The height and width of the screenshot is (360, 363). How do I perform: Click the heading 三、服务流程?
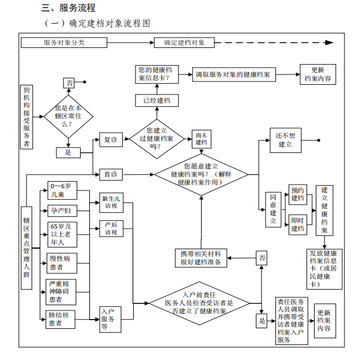[x=68, y=8]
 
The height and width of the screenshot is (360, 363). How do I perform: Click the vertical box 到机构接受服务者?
[x=27, y=117]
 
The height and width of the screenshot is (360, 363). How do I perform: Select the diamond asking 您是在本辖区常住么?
[x=69, y=116]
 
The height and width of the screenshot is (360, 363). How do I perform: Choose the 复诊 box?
[x=109, y=140]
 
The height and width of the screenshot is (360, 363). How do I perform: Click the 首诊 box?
[x=109, y=174]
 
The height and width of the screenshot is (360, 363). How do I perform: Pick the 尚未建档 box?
[x=201, y=138]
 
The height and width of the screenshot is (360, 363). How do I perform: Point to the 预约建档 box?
[x=297, y=194]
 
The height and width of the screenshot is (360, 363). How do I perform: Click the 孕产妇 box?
[x=61, y=210]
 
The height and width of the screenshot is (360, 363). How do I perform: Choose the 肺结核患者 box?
[x=61, y=319]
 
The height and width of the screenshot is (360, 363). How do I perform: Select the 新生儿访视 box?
[x=111, y=200]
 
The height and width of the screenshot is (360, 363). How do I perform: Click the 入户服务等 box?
[x=110, y=319]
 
